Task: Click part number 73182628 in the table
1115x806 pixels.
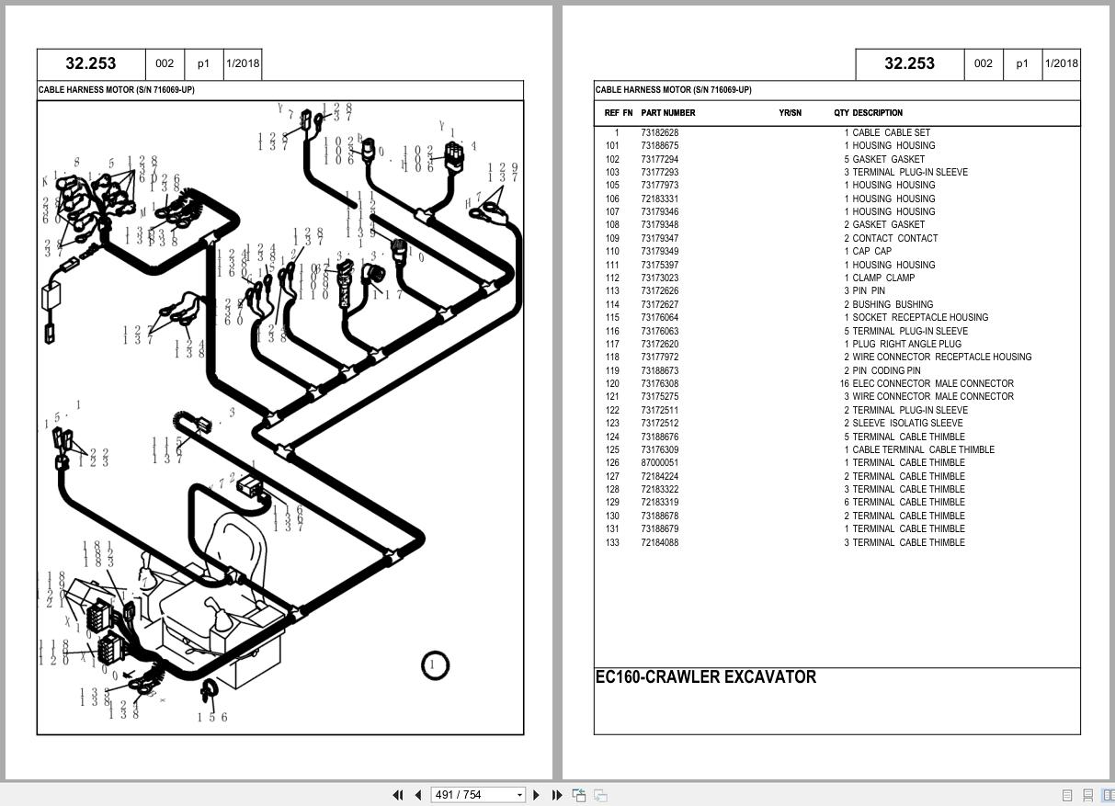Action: pyautogui.click(x=659, y=132)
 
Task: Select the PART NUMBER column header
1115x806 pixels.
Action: pyautogui.click(x=667, y=113)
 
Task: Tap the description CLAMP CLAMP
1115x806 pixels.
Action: pyautogui.click(x=882, y=278)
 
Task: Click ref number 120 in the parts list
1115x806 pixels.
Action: pyautogui.click(x=611, y=383)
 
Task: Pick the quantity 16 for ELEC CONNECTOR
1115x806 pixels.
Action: pyautogui.click(x=843, y=383)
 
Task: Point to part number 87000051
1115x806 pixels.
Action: pyautogui.click(x=659, y=463)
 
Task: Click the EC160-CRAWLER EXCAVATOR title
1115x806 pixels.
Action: pyautogui.click(x=705, y=677)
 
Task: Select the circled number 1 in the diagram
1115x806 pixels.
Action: pyautogui.click(x=435, y=664)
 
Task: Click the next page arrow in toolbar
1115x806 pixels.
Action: pyautogui.click(x=537, y=795)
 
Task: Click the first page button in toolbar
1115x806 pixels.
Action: pyautogui.click(x=398, y=795)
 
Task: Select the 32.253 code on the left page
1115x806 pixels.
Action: pyautogui.click(x=90, y=63)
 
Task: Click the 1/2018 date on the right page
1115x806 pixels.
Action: pyautogui.click(x=1061, y=63)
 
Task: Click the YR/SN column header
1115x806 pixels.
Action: pyautogui.click(x=790, y=113)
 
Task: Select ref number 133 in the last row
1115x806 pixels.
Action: pyautogui.click(x=611, y=542)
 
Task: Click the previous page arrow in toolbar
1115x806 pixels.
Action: pyautogui.click(x=418, y=795)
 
